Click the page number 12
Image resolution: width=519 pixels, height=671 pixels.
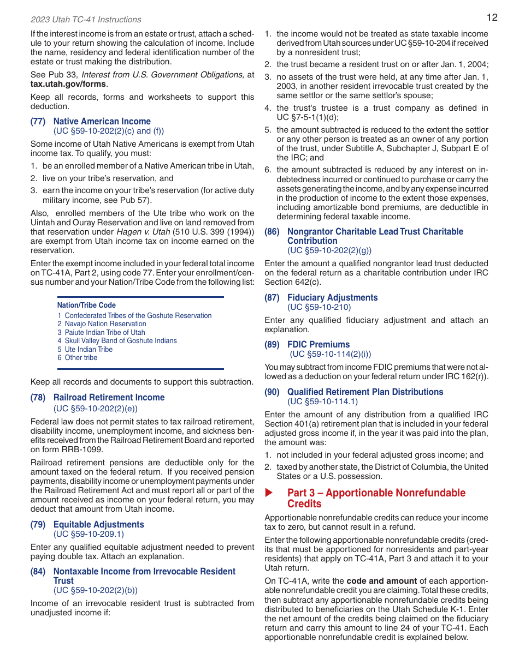point(492,17)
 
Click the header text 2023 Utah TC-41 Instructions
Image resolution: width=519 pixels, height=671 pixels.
point(86,20)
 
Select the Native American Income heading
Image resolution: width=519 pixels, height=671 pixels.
point(102,121)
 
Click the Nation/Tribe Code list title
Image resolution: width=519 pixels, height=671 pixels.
point(86,305)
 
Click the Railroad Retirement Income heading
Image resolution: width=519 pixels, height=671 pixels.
point(109,398)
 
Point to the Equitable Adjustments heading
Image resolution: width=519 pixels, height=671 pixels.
point(98,524)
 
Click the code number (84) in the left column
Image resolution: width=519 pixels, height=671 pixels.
point(38,571)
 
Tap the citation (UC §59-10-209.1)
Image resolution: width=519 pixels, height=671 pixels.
point(89,534)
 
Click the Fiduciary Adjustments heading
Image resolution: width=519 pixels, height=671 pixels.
point(332,297)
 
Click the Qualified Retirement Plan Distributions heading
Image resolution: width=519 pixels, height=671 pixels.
point(365,392)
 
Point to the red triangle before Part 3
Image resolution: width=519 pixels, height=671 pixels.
point(269,493)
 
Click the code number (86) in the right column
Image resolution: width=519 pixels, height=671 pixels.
point(272,231)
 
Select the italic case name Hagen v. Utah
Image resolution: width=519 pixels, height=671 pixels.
point(139,232)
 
